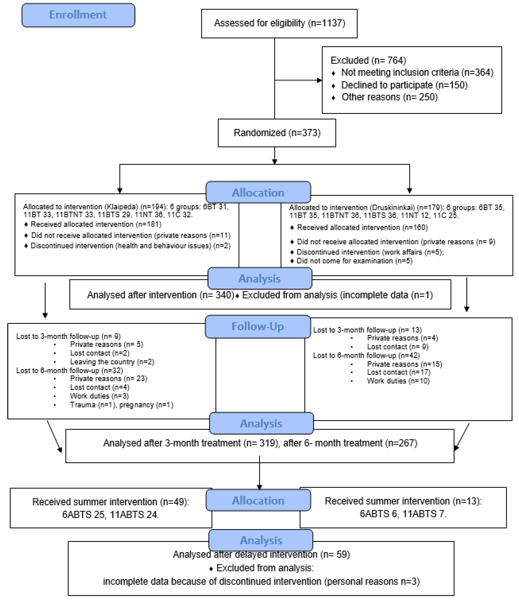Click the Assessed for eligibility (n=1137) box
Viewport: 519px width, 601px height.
tap(279, 23)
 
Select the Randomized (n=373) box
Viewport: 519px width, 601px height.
tap(277, 133)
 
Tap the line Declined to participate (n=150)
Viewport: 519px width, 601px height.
tap(404, 85)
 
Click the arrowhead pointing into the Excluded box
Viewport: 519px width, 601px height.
tap(319, 80)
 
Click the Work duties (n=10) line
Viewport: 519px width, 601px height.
tap(398, 381)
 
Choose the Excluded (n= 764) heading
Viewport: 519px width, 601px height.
tap(368, 60)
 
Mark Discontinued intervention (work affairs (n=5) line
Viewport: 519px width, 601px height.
tap(370, 252)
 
